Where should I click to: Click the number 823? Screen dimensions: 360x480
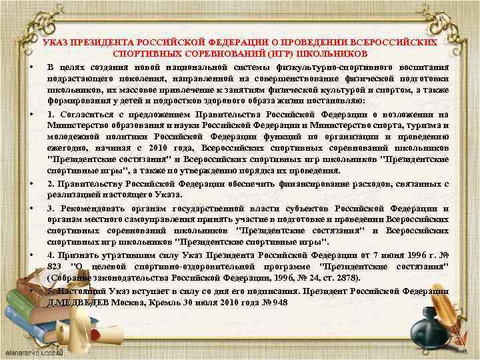[x=55, y=267]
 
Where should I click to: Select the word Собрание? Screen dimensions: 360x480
[x=73, y=277]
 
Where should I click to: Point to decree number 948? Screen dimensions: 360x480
[x=279, y=301]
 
